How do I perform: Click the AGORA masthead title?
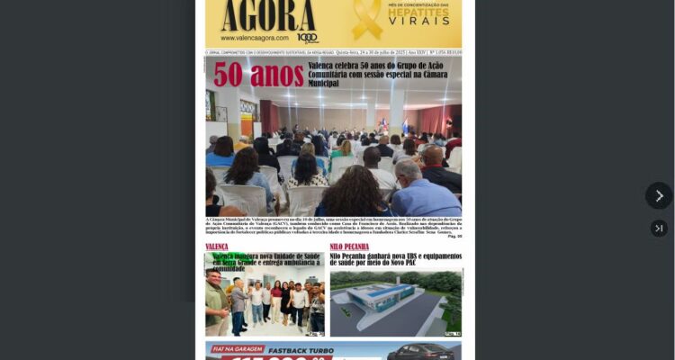click(x=267, y=15)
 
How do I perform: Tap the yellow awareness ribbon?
click(x=366, y=19)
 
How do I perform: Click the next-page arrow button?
click(x=659, y=195)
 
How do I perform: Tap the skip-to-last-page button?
click(x=659, y=229)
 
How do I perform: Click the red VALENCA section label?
click(x=217, y=247)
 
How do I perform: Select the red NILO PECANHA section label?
click(x=349, y=247)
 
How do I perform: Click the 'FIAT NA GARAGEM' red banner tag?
click(x=237, y=348)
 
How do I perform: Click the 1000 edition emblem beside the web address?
click(x=307, y=38)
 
